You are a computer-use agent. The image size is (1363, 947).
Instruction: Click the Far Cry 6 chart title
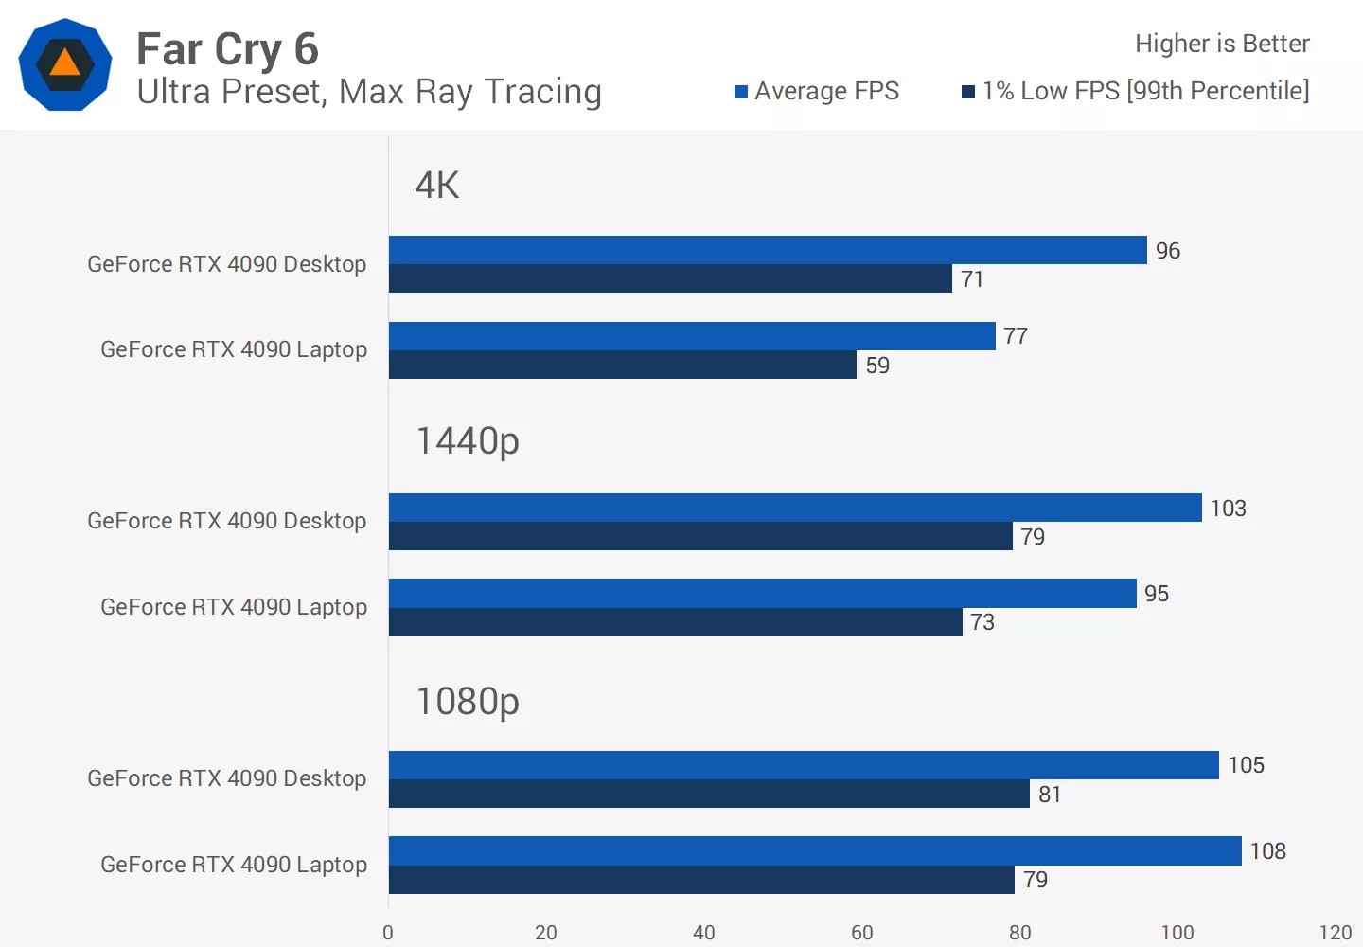(227, 49)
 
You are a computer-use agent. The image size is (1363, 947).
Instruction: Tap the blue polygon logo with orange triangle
(65, 64)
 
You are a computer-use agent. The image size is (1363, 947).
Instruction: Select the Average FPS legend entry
(817, 91)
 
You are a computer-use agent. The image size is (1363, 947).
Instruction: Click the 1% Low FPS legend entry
(1136, 91)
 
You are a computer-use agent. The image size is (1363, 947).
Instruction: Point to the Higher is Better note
(1221, 44)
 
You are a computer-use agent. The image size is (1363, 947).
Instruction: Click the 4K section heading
(437, 186)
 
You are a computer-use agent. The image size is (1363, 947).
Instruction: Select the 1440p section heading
(468, 441)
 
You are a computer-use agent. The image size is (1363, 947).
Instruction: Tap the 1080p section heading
(468, 702)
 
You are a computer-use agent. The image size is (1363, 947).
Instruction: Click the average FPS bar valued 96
(767, 250)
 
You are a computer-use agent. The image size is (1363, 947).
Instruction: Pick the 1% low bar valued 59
(622, 365)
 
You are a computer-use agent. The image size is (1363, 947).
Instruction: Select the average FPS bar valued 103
(795, 508)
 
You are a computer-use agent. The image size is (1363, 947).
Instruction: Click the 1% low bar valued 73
(675, 622)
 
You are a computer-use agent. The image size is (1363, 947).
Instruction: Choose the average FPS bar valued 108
(814, 850)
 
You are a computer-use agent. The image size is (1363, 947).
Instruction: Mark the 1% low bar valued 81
(708, 794)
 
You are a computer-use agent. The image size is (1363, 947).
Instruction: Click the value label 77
(1016, 336)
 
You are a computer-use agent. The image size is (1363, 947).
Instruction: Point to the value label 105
(1246, 765)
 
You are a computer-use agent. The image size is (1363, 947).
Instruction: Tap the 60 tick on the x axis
(861, 932)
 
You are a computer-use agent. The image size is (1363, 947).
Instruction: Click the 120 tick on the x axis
(1335, 932)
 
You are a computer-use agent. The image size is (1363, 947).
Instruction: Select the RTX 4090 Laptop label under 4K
(234, 349)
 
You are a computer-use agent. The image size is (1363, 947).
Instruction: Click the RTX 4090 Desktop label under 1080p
(226, 778)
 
